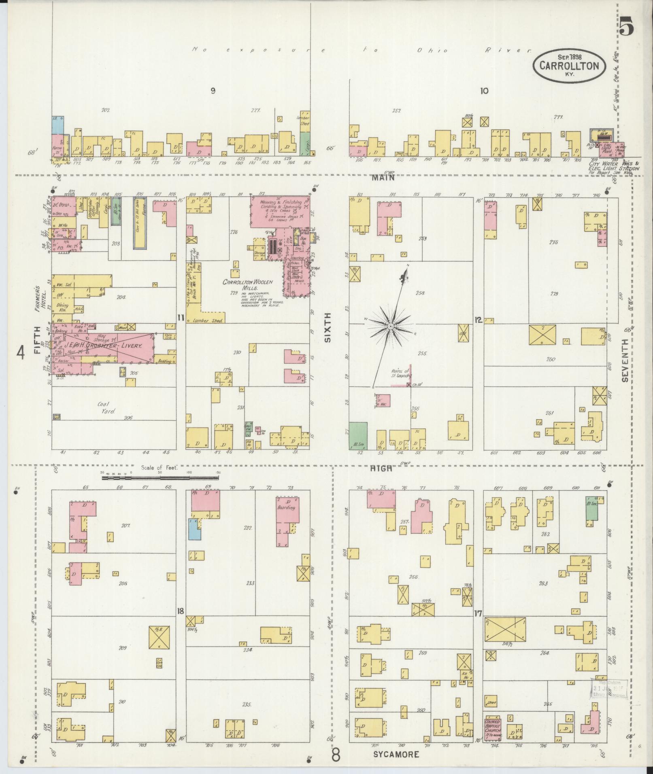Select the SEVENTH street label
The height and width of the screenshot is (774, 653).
click(625, 360)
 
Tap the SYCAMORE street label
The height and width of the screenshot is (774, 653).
click(396, 754)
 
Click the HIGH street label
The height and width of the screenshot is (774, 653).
click(382, 468)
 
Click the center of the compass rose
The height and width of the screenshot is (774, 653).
click(391, 326)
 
